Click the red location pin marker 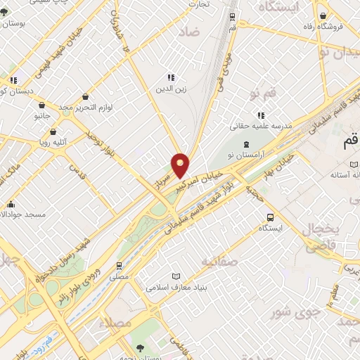pos(181,165)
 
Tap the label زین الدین pos(169,89)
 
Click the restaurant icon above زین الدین pos(169,77)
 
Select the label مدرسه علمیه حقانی pos(261,127)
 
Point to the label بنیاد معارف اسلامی pos(176,287)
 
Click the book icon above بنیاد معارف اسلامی pos(176,276)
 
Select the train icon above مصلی pos(119,266)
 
